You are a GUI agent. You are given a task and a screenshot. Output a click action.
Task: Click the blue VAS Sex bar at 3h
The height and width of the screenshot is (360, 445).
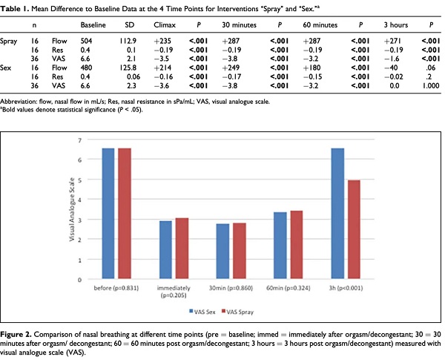click(337, 213)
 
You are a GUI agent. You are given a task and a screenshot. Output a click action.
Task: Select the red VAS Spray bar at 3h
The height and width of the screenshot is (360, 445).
click(354, 229)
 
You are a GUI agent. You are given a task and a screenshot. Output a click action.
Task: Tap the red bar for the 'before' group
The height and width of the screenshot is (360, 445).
click(125, 213)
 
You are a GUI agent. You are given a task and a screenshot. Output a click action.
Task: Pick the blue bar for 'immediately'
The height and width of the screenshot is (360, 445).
click(165, 249)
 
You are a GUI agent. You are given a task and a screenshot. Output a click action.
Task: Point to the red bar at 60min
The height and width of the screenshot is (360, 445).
click(296, 245)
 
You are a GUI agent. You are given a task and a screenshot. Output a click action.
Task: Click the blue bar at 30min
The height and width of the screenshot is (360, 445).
click(222, 251)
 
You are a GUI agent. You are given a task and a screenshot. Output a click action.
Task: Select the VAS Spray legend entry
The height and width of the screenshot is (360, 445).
click(237, 312)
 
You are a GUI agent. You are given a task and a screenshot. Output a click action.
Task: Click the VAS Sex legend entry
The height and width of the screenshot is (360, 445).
click(202, 312)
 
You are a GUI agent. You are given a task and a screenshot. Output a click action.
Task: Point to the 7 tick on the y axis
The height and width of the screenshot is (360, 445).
click(80, 140)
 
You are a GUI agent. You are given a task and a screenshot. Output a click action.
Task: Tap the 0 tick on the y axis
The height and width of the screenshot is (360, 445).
click(80, 280)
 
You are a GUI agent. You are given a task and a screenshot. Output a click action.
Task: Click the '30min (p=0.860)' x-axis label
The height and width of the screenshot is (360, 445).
click(231, 288)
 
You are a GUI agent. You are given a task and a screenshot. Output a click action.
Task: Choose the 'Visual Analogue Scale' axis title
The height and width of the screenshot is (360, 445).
click(72, 209)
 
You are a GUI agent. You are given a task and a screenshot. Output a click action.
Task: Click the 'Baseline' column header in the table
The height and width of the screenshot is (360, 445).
click(93, 25)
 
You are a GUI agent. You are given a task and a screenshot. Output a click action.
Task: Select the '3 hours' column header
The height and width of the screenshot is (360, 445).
click(396, 25)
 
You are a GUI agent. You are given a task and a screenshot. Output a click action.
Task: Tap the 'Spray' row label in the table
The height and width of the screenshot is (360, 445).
click(8, 42)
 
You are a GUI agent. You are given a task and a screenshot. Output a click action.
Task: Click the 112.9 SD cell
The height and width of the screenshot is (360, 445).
click(128, 41)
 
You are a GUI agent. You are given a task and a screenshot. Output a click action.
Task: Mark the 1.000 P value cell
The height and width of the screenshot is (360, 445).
click(431, 85)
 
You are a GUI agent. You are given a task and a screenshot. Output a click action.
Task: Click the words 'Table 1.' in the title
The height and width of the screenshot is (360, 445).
click(15, 9)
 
